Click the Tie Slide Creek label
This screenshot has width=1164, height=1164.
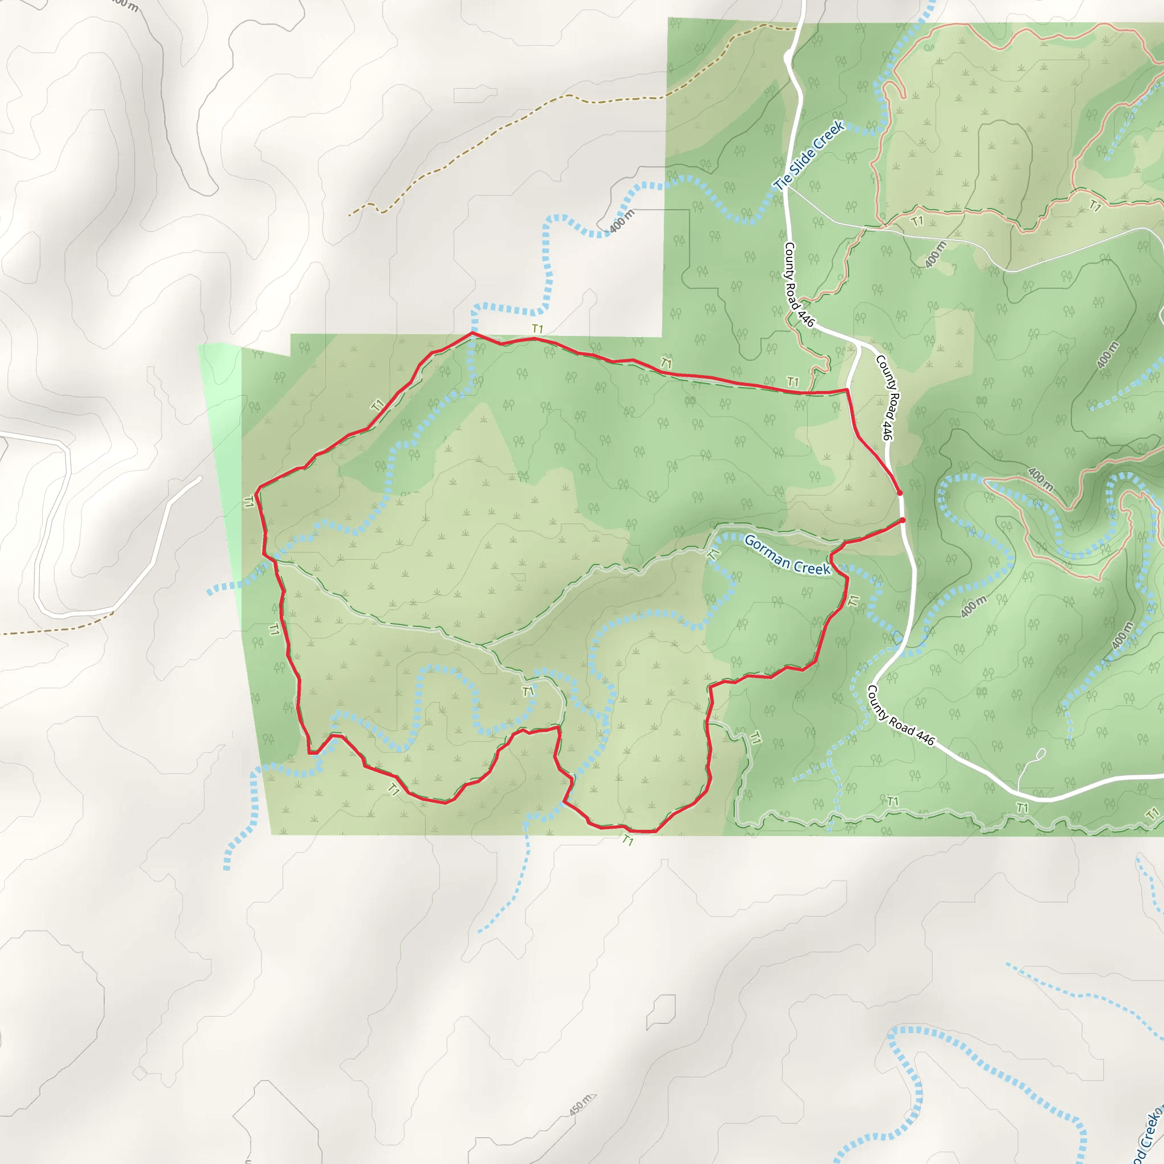point(809,155)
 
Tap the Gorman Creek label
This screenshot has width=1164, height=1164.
point(787,554)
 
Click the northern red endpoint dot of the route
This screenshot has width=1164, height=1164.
point(900,493)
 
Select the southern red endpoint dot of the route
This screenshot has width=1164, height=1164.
point(903,520)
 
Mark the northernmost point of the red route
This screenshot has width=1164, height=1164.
point(472,332)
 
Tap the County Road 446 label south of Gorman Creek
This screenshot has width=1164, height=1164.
point(900,715)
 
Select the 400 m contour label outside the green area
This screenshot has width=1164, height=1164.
point(621,221)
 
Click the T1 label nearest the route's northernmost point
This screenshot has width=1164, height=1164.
point(538,329)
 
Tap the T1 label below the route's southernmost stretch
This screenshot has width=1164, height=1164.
point(628,840)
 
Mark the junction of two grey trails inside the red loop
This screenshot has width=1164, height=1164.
point(480,646)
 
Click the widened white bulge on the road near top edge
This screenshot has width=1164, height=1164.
point(789,57)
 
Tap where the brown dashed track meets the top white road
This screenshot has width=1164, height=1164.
point(796,28)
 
